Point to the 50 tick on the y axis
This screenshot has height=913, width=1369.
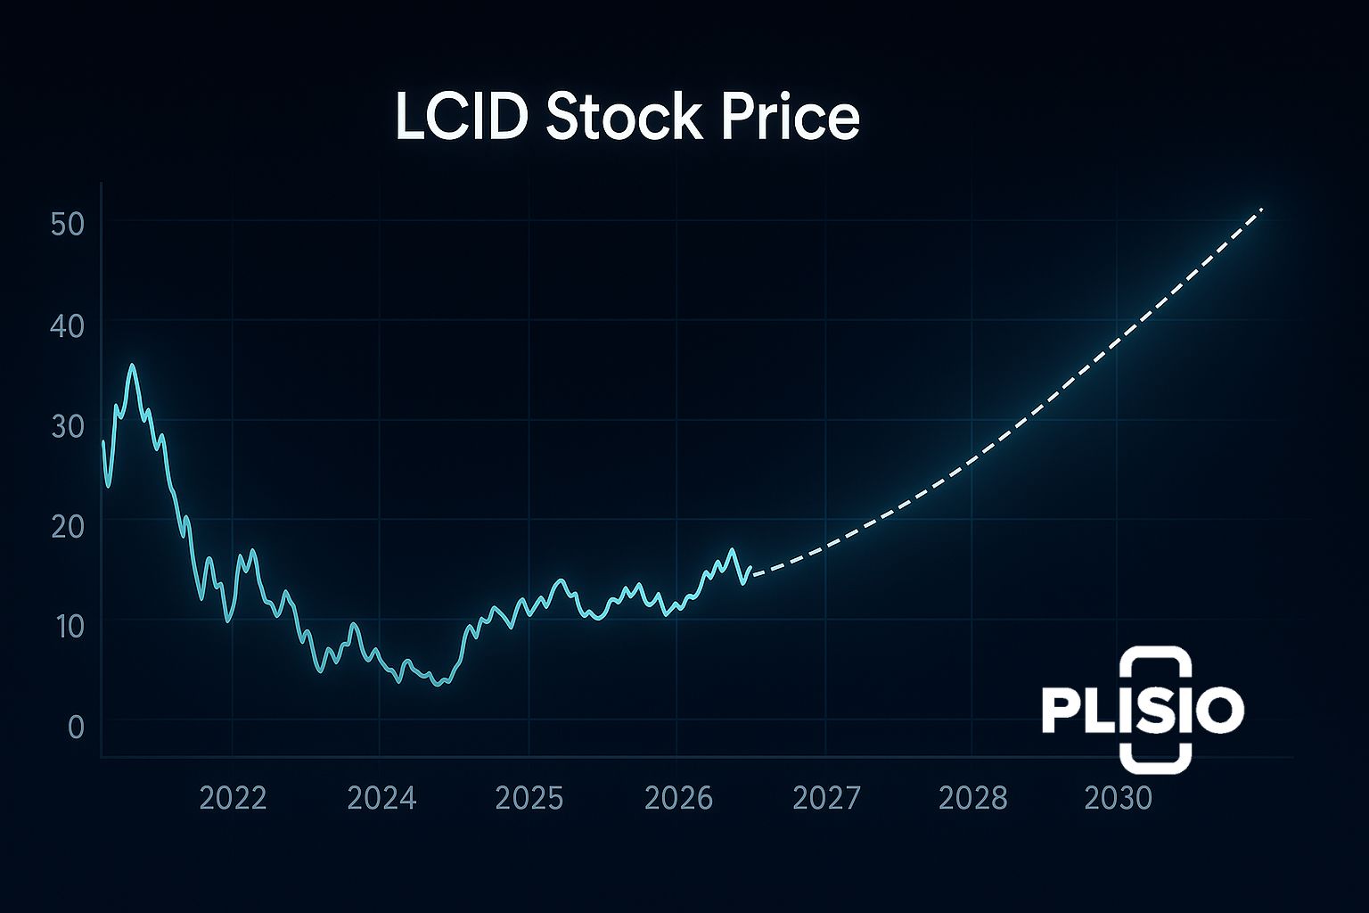[x=68, y=224]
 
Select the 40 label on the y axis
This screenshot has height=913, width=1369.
[x=68, y=325]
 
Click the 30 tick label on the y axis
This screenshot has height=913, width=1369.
[x=68, y=426]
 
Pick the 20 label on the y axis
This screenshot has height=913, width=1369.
[x=68, y=526]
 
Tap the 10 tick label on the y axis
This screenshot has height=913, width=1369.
[x=68, y=627]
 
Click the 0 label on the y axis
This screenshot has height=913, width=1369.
[x=76, y=728]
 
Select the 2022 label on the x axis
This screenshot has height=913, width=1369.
[x=233, y=798]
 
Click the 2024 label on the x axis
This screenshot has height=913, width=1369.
[x=381, y=798]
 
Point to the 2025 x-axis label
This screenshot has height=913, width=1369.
[x=529, y=798]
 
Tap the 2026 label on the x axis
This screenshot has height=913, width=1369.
[x=678, y=798]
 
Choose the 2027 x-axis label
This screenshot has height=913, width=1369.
[x=826, y=798]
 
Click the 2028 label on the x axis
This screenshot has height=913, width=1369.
[x=973, y=798]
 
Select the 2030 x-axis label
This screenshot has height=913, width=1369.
[x=1118, y=798]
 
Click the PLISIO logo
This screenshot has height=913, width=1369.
[x=1143, y=711]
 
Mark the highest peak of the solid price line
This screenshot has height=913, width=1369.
[x=132, y=365]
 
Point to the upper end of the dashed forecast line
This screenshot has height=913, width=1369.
[x=1262, y=209]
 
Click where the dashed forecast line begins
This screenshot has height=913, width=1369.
[x=754, y=574]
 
